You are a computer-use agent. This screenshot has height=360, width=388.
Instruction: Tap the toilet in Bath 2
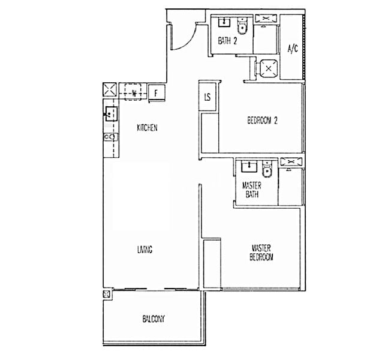(243, 28)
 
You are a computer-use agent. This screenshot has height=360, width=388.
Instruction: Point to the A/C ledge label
(293, 49)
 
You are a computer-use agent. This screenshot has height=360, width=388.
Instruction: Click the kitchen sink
(110, 113)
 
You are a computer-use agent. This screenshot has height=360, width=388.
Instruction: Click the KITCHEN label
(147, 128)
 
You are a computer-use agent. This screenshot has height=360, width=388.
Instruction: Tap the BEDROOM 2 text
(262, 121)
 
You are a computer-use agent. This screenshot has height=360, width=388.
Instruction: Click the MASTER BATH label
(251, 190)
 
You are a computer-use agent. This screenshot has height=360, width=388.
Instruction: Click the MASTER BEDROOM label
(262, 253)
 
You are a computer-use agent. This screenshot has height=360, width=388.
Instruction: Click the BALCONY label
(154, 319)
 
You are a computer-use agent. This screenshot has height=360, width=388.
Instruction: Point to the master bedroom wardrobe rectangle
(212, 264)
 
